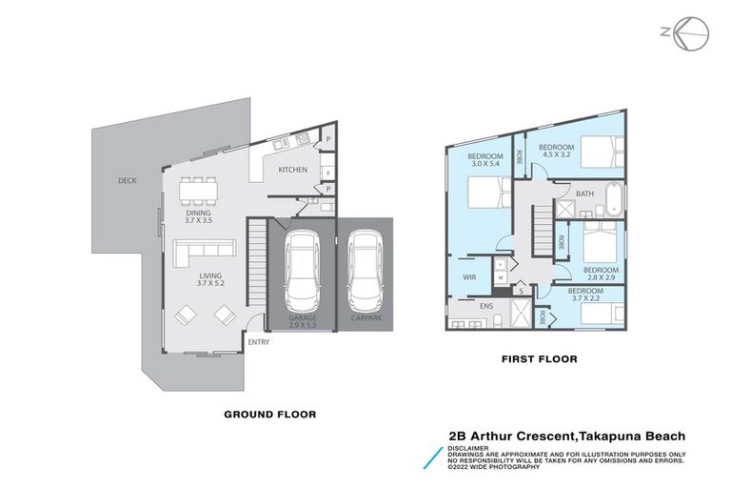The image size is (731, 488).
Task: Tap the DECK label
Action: click(x=128, y=180)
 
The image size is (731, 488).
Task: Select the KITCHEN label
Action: click(x=292, y=170)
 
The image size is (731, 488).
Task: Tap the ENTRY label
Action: click(x=258, y=342)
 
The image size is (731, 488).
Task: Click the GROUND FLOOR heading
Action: click(x=269, y=415)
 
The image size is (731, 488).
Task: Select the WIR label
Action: click(x=470, y=278)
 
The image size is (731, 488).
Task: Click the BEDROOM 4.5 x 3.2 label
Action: click(x=557, y=150)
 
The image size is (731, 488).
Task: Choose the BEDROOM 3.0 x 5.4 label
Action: click(x=484, y=160)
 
